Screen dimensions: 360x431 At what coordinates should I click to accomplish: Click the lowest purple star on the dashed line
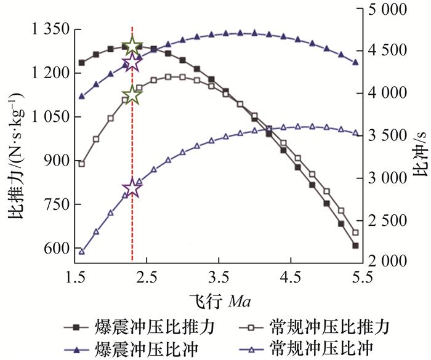pyautogui.click(x=132, y=188)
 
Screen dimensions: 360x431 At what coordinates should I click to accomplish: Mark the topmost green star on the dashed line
pyautogui.click(x=132, y=46)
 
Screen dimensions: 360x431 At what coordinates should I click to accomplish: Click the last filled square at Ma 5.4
pyautogui.click(x=355, y=246)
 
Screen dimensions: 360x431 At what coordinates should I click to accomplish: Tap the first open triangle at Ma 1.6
pyautogui.click(x=81, y=251)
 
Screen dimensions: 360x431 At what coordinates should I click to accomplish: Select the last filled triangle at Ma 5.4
pyautogui.click(x=355, y=62)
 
